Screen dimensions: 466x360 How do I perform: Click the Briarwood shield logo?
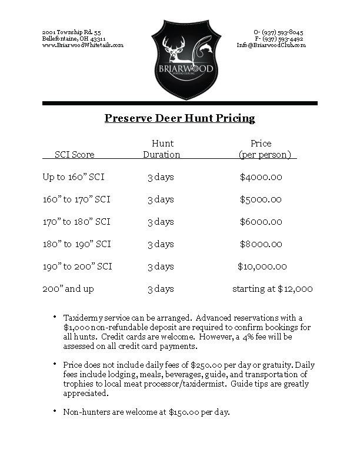click(179, 61)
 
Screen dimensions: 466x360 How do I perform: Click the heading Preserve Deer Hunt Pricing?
click(179, 119)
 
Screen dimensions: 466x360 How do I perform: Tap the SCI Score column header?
click(75, 155)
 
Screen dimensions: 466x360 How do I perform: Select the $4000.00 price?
click(261, 177)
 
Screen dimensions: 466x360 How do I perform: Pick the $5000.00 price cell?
click(261, 199)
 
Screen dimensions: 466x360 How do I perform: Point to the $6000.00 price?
click(261, 222)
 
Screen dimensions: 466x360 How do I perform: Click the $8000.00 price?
click(261, 244)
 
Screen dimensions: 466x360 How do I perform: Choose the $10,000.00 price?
click(262, 267)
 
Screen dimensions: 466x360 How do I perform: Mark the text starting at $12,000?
click(272, 289)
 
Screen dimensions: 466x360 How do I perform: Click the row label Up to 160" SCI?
click(74, 177)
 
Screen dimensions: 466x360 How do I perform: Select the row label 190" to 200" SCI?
click(77, 267)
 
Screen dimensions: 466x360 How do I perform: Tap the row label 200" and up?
click(68, 289)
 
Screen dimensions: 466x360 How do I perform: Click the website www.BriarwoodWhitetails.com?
click(83, 45)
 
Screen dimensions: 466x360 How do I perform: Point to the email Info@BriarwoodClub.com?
click(271, 45)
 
